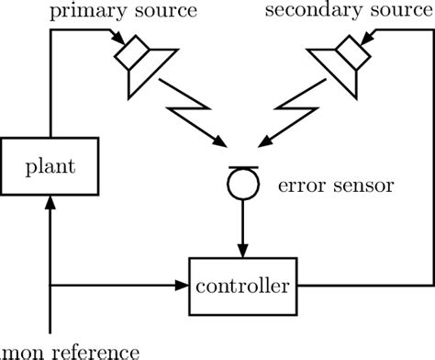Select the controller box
[243, 286]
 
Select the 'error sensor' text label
[334, 186]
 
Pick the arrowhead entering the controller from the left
[182, 286]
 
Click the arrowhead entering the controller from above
[242, 251]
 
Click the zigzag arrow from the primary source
[194, 118]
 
